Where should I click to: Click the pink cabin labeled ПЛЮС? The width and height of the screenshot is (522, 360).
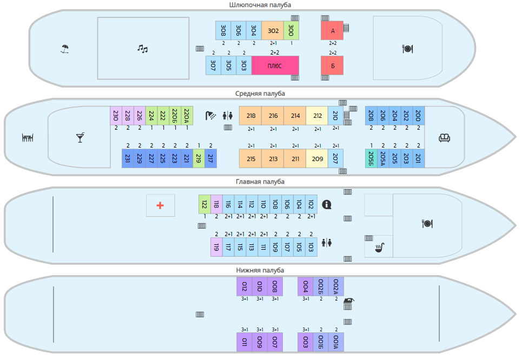(275, 65)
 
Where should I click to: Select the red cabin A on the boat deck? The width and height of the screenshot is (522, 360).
(332, 31)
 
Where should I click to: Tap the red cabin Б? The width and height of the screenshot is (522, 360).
(332, 65)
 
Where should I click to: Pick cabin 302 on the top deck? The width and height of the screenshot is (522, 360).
(273, 31)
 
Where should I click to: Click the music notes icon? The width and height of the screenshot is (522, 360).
(142, 49)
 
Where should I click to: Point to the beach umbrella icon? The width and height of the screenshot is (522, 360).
(65, 49)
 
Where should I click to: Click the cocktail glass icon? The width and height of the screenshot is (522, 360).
(80, 137)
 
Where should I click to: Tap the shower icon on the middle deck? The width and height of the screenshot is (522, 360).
(210, 115)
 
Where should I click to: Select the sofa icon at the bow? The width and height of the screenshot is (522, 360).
(444, 137)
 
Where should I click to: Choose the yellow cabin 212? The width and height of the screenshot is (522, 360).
(318, 116)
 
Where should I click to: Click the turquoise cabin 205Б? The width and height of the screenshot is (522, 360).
(371, 158)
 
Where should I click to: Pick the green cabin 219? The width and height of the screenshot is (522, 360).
(199, 158)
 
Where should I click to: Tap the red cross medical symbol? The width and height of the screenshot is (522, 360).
(160, 205)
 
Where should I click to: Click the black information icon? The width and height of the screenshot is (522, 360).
(327, 204)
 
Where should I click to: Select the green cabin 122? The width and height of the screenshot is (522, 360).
(204, 204)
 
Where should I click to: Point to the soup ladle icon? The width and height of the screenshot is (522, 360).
(380, 248)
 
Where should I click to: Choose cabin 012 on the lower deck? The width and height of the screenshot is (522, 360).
(245, 286)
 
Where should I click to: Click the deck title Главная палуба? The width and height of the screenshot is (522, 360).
(260, 182)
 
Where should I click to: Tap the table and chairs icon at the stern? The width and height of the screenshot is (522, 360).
(28, 137)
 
